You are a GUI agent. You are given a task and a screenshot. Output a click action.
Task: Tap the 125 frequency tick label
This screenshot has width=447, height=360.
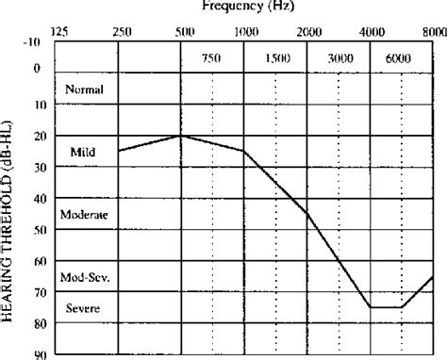[x=59, y=32]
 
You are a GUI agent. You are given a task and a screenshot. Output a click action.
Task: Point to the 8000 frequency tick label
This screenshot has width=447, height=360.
[x=435, y=32]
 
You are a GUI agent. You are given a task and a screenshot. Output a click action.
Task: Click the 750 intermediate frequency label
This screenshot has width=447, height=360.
[x=211, y=58]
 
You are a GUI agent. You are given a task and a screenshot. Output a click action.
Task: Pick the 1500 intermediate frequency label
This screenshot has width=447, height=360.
[x=276, y=58]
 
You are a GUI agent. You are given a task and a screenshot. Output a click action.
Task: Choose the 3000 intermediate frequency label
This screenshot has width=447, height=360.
[x=339, y=58]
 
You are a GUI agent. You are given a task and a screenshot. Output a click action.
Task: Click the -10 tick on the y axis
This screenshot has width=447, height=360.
[x=35, y=42]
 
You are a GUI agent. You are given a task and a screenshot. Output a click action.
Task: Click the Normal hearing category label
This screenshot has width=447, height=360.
[x=84, y=90]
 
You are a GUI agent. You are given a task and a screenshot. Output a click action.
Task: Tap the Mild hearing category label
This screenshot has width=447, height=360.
[x=83, y=152]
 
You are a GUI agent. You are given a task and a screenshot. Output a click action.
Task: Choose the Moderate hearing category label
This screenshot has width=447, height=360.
[x=84, y=215]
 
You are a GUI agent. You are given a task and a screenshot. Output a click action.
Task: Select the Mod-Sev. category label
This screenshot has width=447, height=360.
[x=84, y=278]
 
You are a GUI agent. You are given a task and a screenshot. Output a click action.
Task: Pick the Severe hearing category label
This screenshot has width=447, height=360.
[x=83, y=309]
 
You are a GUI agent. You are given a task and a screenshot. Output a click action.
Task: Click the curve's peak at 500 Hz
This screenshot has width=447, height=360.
[x=181, y=136]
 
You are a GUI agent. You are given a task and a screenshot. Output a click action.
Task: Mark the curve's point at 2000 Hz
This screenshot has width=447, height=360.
[x=307, y=214]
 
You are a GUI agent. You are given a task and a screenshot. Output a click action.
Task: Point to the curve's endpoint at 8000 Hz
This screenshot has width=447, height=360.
[x=434, y=276]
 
